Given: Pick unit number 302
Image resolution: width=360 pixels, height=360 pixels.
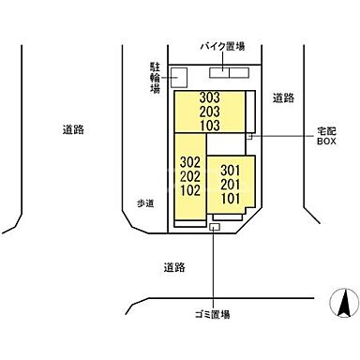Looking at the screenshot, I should pos(190,161).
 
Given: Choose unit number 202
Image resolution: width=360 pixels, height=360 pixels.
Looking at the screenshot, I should pos(190,174).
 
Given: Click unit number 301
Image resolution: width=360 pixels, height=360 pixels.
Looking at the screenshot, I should pos(232,171).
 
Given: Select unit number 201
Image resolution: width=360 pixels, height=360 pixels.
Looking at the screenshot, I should pos(232,184).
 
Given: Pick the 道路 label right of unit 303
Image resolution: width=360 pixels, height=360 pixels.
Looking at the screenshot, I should pos(283,97).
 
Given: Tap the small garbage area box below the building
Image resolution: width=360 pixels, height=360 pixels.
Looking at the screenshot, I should pos(215,228).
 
